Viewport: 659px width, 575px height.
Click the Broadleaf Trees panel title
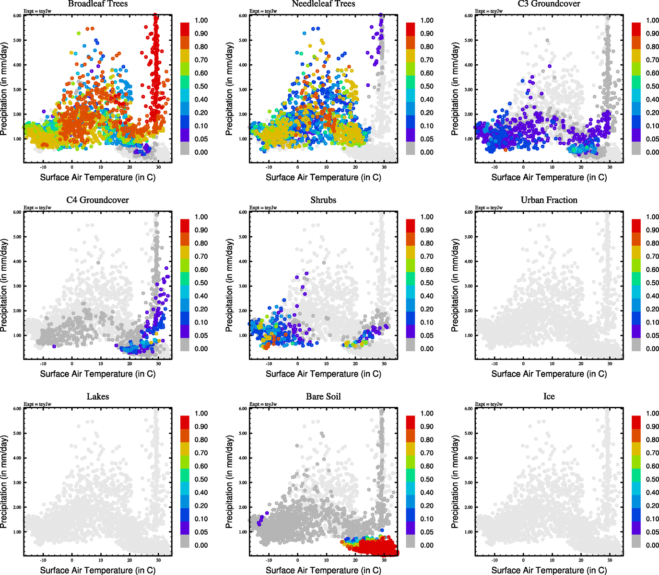(x=98, y=4)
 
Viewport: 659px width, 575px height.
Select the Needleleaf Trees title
(x=323, y=4)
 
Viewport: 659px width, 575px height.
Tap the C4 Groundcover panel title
(x=98, y=200)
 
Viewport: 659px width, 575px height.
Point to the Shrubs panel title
(x=323, y=200)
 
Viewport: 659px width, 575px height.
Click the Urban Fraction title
(x=549, y=200)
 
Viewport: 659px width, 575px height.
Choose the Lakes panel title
(x=98, y=396)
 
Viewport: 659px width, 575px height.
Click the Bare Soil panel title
(x=323, y=396)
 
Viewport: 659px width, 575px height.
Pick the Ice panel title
(x=549, y=396)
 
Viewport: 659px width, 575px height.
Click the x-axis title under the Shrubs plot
(x=323, y=374)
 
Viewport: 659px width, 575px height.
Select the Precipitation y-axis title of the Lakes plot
(x=4, y=482)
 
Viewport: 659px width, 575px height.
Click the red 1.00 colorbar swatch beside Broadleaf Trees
(x=185, y=28)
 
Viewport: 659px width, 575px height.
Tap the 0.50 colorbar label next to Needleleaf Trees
(x=427, y=86)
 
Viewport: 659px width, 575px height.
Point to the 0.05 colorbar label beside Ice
(x=652, y=532)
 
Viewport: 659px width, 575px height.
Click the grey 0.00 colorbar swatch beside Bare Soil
(x=410, y=541)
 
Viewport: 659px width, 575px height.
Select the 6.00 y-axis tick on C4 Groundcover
(x=17, y=212)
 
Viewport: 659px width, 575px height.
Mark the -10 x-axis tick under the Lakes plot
(x=43, y=560)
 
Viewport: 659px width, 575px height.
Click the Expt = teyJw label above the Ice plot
(x=489, y=404)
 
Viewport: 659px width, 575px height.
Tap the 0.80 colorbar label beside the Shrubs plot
(x=427, y=243)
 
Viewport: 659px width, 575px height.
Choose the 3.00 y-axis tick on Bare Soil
(x=243, y=483)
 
